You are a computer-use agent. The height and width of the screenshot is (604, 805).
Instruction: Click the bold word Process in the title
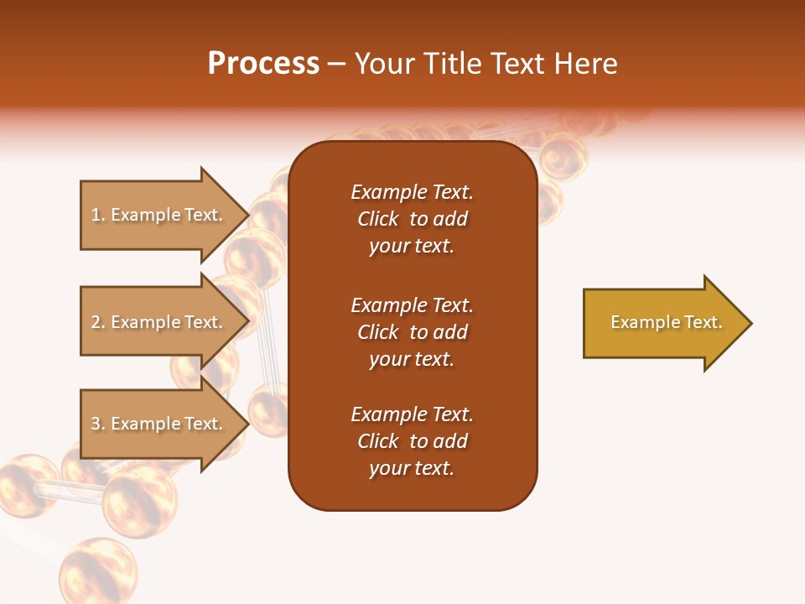tap(263, 64)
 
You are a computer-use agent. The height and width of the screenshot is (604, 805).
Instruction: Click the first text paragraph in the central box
tap(412, 219)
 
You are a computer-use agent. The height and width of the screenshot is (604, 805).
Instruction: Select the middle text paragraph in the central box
tap(412, 332)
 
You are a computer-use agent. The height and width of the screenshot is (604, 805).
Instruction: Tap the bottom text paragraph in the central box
tap(412, 441)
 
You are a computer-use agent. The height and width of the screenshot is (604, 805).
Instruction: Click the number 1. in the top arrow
tap(98, 215)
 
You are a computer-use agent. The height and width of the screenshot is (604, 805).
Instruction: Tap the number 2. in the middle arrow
tap(98, 322)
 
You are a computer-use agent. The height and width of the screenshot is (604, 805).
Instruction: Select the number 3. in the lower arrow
tap(98, 424)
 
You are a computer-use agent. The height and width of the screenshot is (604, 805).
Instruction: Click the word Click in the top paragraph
tap(378, 219)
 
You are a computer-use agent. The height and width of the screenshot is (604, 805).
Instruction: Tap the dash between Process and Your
tap(337, 64)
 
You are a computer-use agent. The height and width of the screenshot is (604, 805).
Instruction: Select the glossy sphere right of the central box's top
tap(563, 157)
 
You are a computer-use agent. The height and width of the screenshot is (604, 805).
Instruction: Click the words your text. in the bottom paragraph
tap(412, 469)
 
